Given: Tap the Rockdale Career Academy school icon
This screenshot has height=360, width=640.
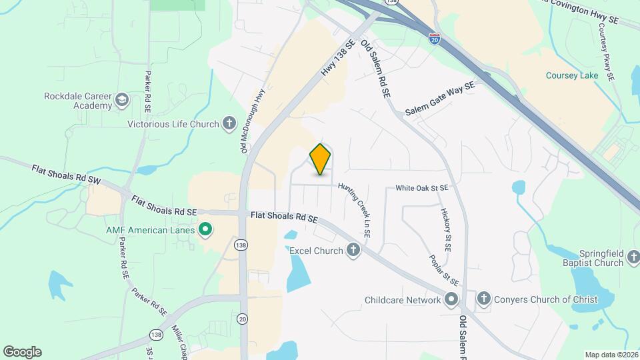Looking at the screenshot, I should pyautogui.click(x=121, y=100).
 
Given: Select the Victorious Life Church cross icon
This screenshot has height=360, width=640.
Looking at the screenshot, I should pyautogui.click(x=229, y=123).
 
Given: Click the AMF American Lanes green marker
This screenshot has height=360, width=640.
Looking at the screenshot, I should pyautogui.click(x=205, y=231).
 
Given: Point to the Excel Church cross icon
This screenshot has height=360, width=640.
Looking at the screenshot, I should pyautogui.click(x=353, y=251).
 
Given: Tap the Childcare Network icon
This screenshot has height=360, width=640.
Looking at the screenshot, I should pyautogui.click(x=451, y=300).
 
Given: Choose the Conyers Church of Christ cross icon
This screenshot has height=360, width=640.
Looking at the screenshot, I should pyautogui.click(x=484, y=299).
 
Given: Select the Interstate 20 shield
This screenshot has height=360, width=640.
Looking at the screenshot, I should pyautogui.click(x=435, y=39).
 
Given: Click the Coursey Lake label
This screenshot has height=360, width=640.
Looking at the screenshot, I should pyautogui.click(x=572, y=75).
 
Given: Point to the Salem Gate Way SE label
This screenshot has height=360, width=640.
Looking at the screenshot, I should pyautogui.click(x=440, y=99).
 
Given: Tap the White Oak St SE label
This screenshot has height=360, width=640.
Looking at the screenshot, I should pyautogui.click(x=421, y=189).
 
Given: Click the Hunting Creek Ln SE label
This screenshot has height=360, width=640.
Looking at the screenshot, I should pyautogui.click(x=354, y=210).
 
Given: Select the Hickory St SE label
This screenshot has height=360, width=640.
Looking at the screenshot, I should pyautogui.click(x=445, y=229).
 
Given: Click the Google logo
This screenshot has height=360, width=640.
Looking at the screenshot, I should pyautogui.click(x=22, y=352).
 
